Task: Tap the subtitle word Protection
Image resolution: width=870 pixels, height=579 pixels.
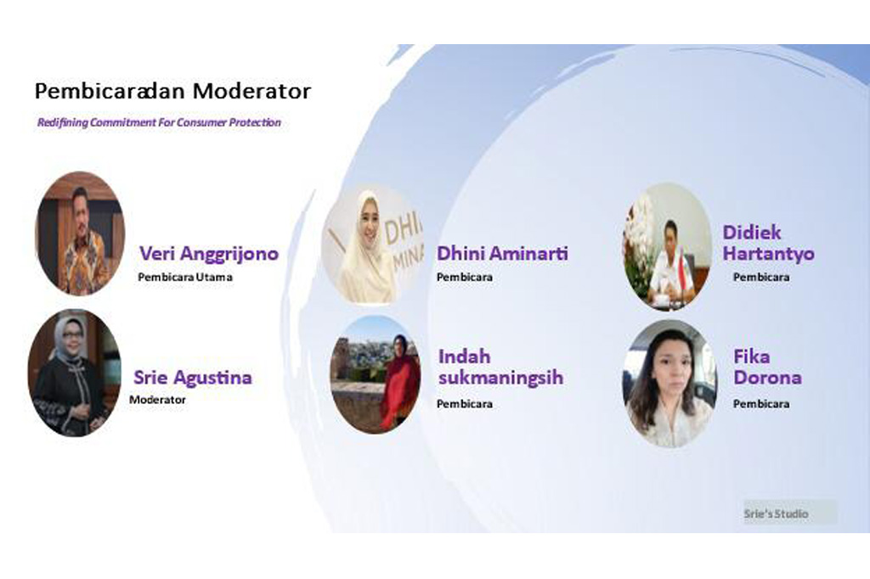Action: [255, 122]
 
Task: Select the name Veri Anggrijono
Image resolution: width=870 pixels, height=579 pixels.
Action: [209, 254]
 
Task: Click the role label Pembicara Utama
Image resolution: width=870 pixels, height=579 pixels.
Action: [185, 277]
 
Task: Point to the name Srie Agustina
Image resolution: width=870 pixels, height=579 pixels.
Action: [193, 378]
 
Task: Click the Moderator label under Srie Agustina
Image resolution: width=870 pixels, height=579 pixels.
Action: [157, 399]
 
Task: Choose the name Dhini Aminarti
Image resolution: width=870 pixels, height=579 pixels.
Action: [502, 254]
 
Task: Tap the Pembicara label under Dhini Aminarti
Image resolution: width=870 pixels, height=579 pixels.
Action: [465, 277]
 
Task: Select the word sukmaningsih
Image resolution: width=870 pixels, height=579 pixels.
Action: [500, 377]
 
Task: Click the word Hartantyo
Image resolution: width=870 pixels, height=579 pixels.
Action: [768, 254]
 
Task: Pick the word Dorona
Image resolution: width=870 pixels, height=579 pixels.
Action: [767, 378]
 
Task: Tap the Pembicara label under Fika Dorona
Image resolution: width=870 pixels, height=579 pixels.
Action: [761, 404]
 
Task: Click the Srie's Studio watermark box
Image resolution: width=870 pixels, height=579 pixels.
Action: [790, 513]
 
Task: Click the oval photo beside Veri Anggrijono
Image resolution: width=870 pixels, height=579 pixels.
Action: [80, 233]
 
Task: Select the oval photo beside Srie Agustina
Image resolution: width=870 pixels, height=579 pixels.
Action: [75, 373]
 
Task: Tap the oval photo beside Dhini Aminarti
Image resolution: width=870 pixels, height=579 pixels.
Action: [373, 244]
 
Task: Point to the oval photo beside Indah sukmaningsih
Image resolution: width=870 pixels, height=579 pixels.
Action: [376, 375]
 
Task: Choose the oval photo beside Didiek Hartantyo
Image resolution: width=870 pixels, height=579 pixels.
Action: [668, 246]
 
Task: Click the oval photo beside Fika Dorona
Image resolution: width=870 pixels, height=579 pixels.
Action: [669, 383]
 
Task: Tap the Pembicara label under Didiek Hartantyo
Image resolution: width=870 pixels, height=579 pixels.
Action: [761, 277]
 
